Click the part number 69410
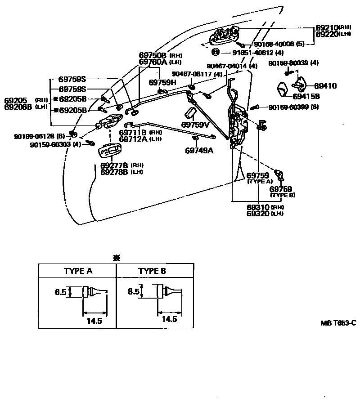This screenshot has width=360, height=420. pyautogui.click(x=325, y=85)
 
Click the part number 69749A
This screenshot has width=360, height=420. pyautogui.click(x=198, y=151)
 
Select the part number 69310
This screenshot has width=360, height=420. pyautogui.click(x=258, y=207)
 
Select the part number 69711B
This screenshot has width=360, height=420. pyautogui.click(x=133, y=133)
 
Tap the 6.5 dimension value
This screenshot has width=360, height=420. pyautogui.click(x=61, y=292)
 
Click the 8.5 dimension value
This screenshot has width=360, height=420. pyautogui.click(x=134, y=291)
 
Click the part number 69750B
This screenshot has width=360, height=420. pyautogui.click(x=153, y=55)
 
